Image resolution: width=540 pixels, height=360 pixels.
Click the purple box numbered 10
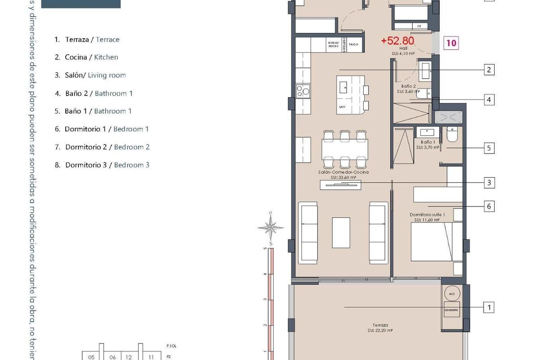pos(451,43)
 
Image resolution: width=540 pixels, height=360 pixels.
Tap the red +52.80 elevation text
pos(397,41)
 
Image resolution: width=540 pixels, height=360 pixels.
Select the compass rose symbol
pos(270,227)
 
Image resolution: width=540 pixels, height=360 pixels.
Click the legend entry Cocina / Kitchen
pos(91,57)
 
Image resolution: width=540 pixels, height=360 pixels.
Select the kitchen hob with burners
pos(303,91)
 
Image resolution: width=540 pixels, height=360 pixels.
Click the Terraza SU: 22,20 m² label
pos(380,328)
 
